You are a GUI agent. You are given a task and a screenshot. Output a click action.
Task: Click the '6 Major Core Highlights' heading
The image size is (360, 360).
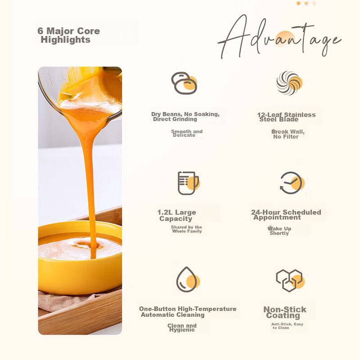69,35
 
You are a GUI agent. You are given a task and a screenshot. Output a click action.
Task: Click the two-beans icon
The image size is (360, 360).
184,83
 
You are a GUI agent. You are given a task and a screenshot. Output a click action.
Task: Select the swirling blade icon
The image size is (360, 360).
289,83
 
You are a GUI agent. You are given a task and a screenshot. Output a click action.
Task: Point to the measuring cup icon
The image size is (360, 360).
188,183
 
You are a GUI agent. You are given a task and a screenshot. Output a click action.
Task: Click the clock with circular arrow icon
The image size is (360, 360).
292,183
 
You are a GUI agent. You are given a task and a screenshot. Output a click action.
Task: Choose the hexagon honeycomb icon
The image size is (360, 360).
290,280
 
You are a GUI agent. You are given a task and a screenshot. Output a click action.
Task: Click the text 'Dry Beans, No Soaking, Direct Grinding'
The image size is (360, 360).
185,117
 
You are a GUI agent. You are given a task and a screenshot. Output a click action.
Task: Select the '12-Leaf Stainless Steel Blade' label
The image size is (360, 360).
286,117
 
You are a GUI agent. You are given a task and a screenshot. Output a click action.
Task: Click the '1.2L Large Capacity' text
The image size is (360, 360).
176,216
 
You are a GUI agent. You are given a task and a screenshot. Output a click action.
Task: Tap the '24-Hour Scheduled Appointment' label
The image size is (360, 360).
286,215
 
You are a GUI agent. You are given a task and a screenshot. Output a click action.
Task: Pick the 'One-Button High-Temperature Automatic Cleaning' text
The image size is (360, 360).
188,312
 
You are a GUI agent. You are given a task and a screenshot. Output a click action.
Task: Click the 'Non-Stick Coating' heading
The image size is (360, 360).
285,312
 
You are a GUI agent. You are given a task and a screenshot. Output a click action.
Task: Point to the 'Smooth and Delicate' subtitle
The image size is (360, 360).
187,133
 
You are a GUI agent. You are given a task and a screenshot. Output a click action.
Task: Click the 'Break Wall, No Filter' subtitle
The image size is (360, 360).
288,134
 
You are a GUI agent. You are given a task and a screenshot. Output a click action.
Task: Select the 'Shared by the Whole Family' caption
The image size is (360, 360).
186,229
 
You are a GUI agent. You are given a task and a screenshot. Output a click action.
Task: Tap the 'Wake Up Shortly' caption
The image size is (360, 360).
279,231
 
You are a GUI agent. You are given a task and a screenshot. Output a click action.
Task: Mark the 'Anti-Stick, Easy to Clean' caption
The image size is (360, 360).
287,326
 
